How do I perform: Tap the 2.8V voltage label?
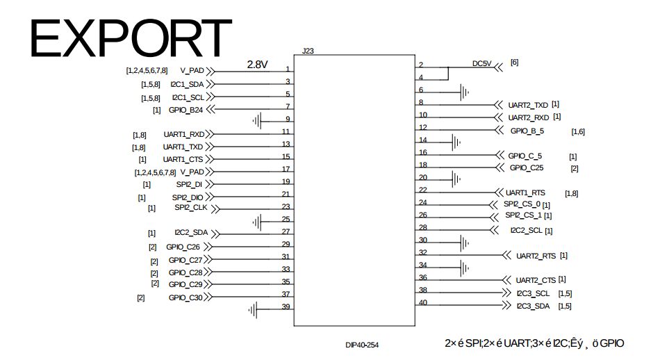(x=257, y=64)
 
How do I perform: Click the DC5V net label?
(x=481, y=63)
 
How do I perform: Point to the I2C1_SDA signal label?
(x=187, y=83)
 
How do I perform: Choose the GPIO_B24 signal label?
(x=185, y=109)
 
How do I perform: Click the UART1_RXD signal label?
(x=183, y=134)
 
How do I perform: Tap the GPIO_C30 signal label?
(x=185, y=297)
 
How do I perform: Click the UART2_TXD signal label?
(x=528, y=104)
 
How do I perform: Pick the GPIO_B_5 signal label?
(x=527, y=130)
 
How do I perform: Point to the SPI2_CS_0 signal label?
(x=522, y=204)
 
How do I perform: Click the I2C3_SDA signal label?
(x=533, y=306)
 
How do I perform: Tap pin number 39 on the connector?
(x=286, y=307)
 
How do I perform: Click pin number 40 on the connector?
(x=423, y=302)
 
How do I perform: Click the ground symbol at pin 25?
(x=258, y=222)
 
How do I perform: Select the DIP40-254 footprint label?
(x=362, y=345)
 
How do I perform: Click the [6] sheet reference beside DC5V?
(x=514, y=63)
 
